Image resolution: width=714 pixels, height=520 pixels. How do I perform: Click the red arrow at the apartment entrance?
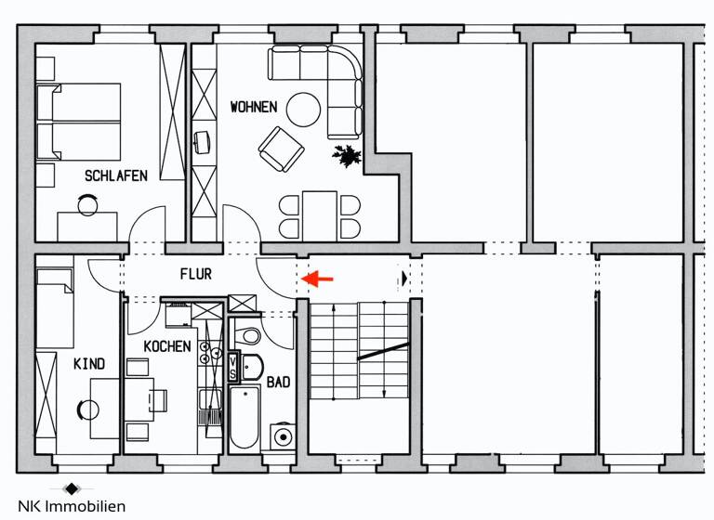pyautogui.click(x=320, y=278)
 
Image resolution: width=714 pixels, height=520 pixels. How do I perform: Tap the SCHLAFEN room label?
pyautogui.click(x=116, y=175)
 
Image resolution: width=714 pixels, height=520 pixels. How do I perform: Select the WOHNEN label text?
pyautogui.click(x=253, y=108)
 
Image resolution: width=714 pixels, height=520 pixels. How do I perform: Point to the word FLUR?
pyautogui.click(x=195, y=275)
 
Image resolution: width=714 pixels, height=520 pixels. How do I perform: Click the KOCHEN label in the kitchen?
pyautogui.click(x=167, y=346)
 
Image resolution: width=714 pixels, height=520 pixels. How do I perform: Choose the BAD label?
pyautogui.click(x=278, y=382)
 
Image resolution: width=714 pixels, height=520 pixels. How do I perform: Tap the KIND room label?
pyautogui.click(x=89, y=364)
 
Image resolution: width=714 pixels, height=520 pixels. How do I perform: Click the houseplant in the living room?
pyautogui.click(x=348, y=155)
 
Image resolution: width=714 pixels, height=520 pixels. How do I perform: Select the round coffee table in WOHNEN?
pyautogui.click(x=303, y=110)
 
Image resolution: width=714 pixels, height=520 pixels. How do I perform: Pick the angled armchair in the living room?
pyautogui.click(x=281, y=149)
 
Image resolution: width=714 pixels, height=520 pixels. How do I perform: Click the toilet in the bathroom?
pyautogui.click(x=249, y=335)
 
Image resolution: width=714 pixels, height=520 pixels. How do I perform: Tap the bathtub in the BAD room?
pyautogui.click(x=244, y=417)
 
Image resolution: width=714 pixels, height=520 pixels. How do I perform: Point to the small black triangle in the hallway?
pyautogui.click(x=404, y=278)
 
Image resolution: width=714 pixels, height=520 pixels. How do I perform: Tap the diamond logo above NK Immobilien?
pyautogui.click(x=73, y=488)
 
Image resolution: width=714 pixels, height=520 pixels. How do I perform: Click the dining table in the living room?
pyautogui.click(x=319, y=214)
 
